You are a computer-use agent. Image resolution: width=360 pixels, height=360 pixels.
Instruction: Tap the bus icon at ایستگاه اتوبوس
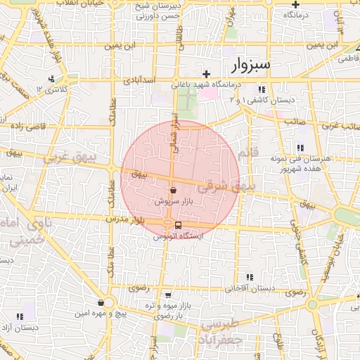[x=178, y=226]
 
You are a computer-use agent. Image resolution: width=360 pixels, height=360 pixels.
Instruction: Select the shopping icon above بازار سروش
[x=173, y=191]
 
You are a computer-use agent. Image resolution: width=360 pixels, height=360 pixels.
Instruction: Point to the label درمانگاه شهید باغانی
[x=208, y=85]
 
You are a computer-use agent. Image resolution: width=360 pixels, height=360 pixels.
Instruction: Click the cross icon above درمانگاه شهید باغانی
[x=206, y=74]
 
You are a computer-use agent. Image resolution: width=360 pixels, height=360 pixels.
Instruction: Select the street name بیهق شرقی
[x=224, y=187]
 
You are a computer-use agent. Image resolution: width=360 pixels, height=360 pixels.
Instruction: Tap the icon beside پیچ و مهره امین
[x=102, y=302]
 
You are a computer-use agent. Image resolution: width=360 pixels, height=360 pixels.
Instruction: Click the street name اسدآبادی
[x=139, y=81]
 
